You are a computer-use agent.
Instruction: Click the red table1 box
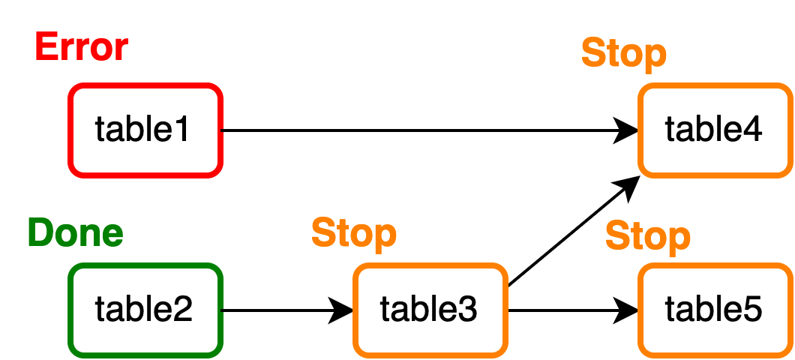coord(145,130)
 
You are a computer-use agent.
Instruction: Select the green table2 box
coord(145,309)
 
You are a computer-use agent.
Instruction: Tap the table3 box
coord(430,309)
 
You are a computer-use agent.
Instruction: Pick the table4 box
coord(715,130)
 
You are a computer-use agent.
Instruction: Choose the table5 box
coord(715,309)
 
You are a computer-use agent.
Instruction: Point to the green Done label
coord(76,233)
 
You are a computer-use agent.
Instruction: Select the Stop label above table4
coord(623,54)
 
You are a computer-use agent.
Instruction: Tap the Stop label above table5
coord(647,236)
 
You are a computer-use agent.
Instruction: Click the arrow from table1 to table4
coord(420,130)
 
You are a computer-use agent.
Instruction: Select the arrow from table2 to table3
coord(285,309)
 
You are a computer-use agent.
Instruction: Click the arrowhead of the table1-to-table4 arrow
coord(627,130)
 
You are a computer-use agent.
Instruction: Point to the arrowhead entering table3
coord(343,309)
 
